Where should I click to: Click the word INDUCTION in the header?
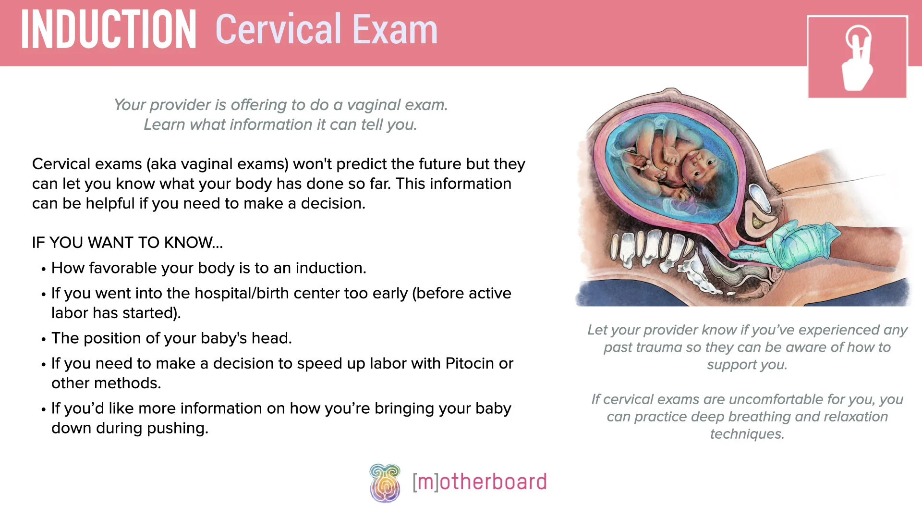click(x=109, y=30)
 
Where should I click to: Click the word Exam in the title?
click(x=395, y=30)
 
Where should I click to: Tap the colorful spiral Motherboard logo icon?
click(x=385, y=483)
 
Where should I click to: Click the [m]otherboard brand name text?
click(x=479, y=482)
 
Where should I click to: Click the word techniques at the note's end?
click(x=747, y=434)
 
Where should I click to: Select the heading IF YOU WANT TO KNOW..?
click(x=127, y=243)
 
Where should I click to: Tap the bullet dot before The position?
click(x=43, y=339)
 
